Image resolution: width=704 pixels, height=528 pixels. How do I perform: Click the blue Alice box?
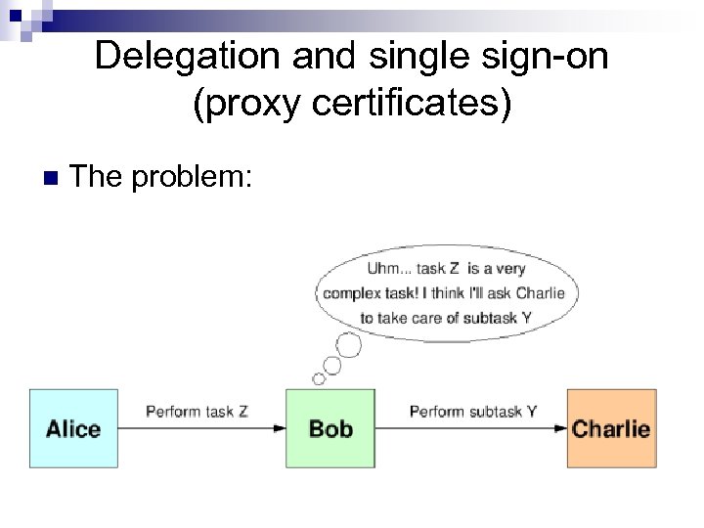tap(73, 428)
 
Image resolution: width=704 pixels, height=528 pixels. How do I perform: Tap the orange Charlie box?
tap(611, 428)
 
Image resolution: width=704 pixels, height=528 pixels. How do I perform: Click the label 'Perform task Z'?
tap(197, 412)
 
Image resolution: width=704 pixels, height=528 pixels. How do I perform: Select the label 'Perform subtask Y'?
tap(473, 412)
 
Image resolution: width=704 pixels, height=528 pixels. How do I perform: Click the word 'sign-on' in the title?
tap(551, 56)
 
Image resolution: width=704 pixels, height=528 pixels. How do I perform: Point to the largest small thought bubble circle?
tap(348, 345)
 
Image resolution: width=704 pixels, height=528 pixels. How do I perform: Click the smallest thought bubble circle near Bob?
tap(319, 378)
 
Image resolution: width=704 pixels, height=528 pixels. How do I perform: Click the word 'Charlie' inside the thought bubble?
tap(541, 293)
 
